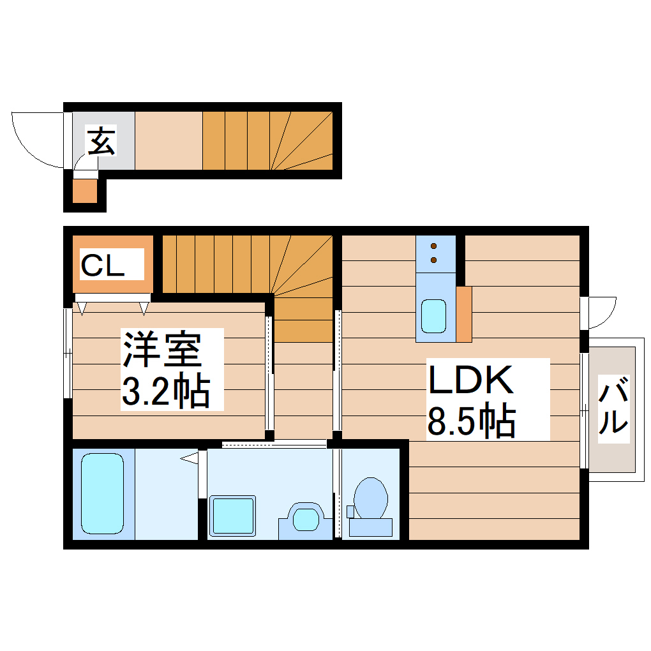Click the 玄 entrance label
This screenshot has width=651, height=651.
[x=101, y=141]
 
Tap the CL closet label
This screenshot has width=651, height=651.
[x=112, y=265]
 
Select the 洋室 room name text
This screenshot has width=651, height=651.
[x=163, y=348]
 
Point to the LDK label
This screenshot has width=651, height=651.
[x=471, y=380]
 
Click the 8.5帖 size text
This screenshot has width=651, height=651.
[x=471, y=419]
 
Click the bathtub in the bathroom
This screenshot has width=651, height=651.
[x=102, y=493]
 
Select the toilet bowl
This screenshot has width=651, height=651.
[x=370, y=497]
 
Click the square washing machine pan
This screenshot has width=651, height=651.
[x=233, y=514]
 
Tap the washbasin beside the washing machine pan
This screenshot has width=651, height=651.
[x=305, y=517]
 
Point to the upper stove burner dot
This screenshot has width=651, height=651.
[x=434, y=246]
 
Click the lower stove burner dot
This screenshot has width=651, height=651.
[x=434, y=260]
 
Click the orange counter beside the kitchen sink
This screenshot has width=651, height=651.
[x=464, y=313]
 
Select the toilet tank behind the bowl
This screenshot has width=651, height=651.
[x=371, y=527]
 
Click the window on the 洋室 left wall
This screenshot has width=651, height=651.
[x=68, y=353]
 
